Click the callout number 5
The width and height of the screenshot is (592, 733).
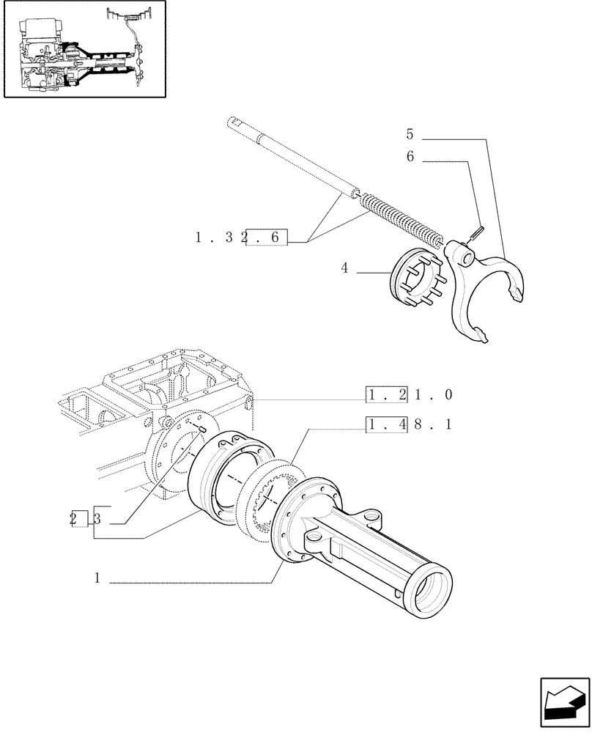click(410, 135)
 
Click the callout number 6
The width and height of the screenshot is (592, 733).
click(410, 157)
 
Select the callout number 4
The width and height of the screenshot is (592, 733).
click(344, 268)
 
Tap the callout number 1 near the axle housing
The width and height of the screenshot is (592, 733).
click(97, 578)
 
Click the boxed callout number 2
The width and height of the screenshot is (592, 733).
click(77, 518)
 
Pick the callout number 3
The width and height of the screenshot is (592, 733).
click(99, 518)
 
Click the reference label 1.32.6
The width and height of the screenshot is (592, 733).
click(242, 237)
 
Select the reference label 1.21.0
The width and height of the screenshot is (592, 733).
click(410, 396)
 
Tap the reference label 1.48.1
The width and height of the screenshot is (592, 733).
click(410, 424)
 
